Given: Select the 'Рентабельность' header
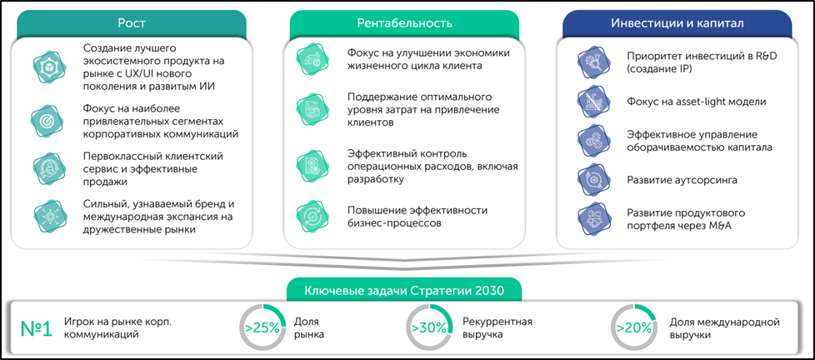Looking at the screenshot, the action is click(x=404, y=22).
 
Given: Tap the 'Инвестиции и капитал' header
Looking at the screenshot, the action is click(x=677, y=22).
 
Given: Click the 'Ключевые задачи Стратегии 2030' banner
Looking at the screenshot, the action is click(x=405, y=291).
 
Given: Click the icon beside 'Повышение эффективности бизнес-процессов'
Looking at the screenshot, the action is click(x=314, y=217).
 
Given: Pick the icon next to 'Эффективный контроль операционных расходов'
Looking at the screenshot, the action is click(x=314, y=165).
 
